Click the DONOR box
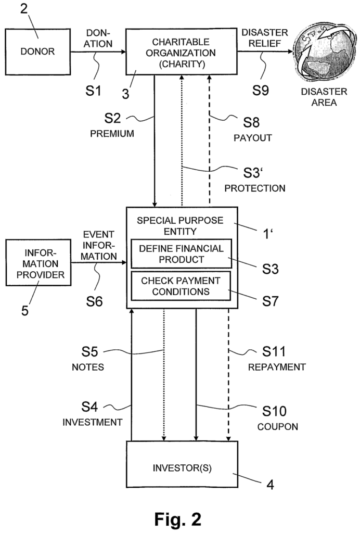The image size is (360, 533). (x=40, y=51)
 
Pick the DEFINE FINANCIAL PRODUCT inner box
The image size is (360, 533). (x=181, y=253)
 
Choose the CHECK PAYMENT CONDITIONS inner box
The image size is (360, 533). (x=181, y=286)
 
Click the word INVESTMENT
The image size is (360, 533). (x=92, y=422)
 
